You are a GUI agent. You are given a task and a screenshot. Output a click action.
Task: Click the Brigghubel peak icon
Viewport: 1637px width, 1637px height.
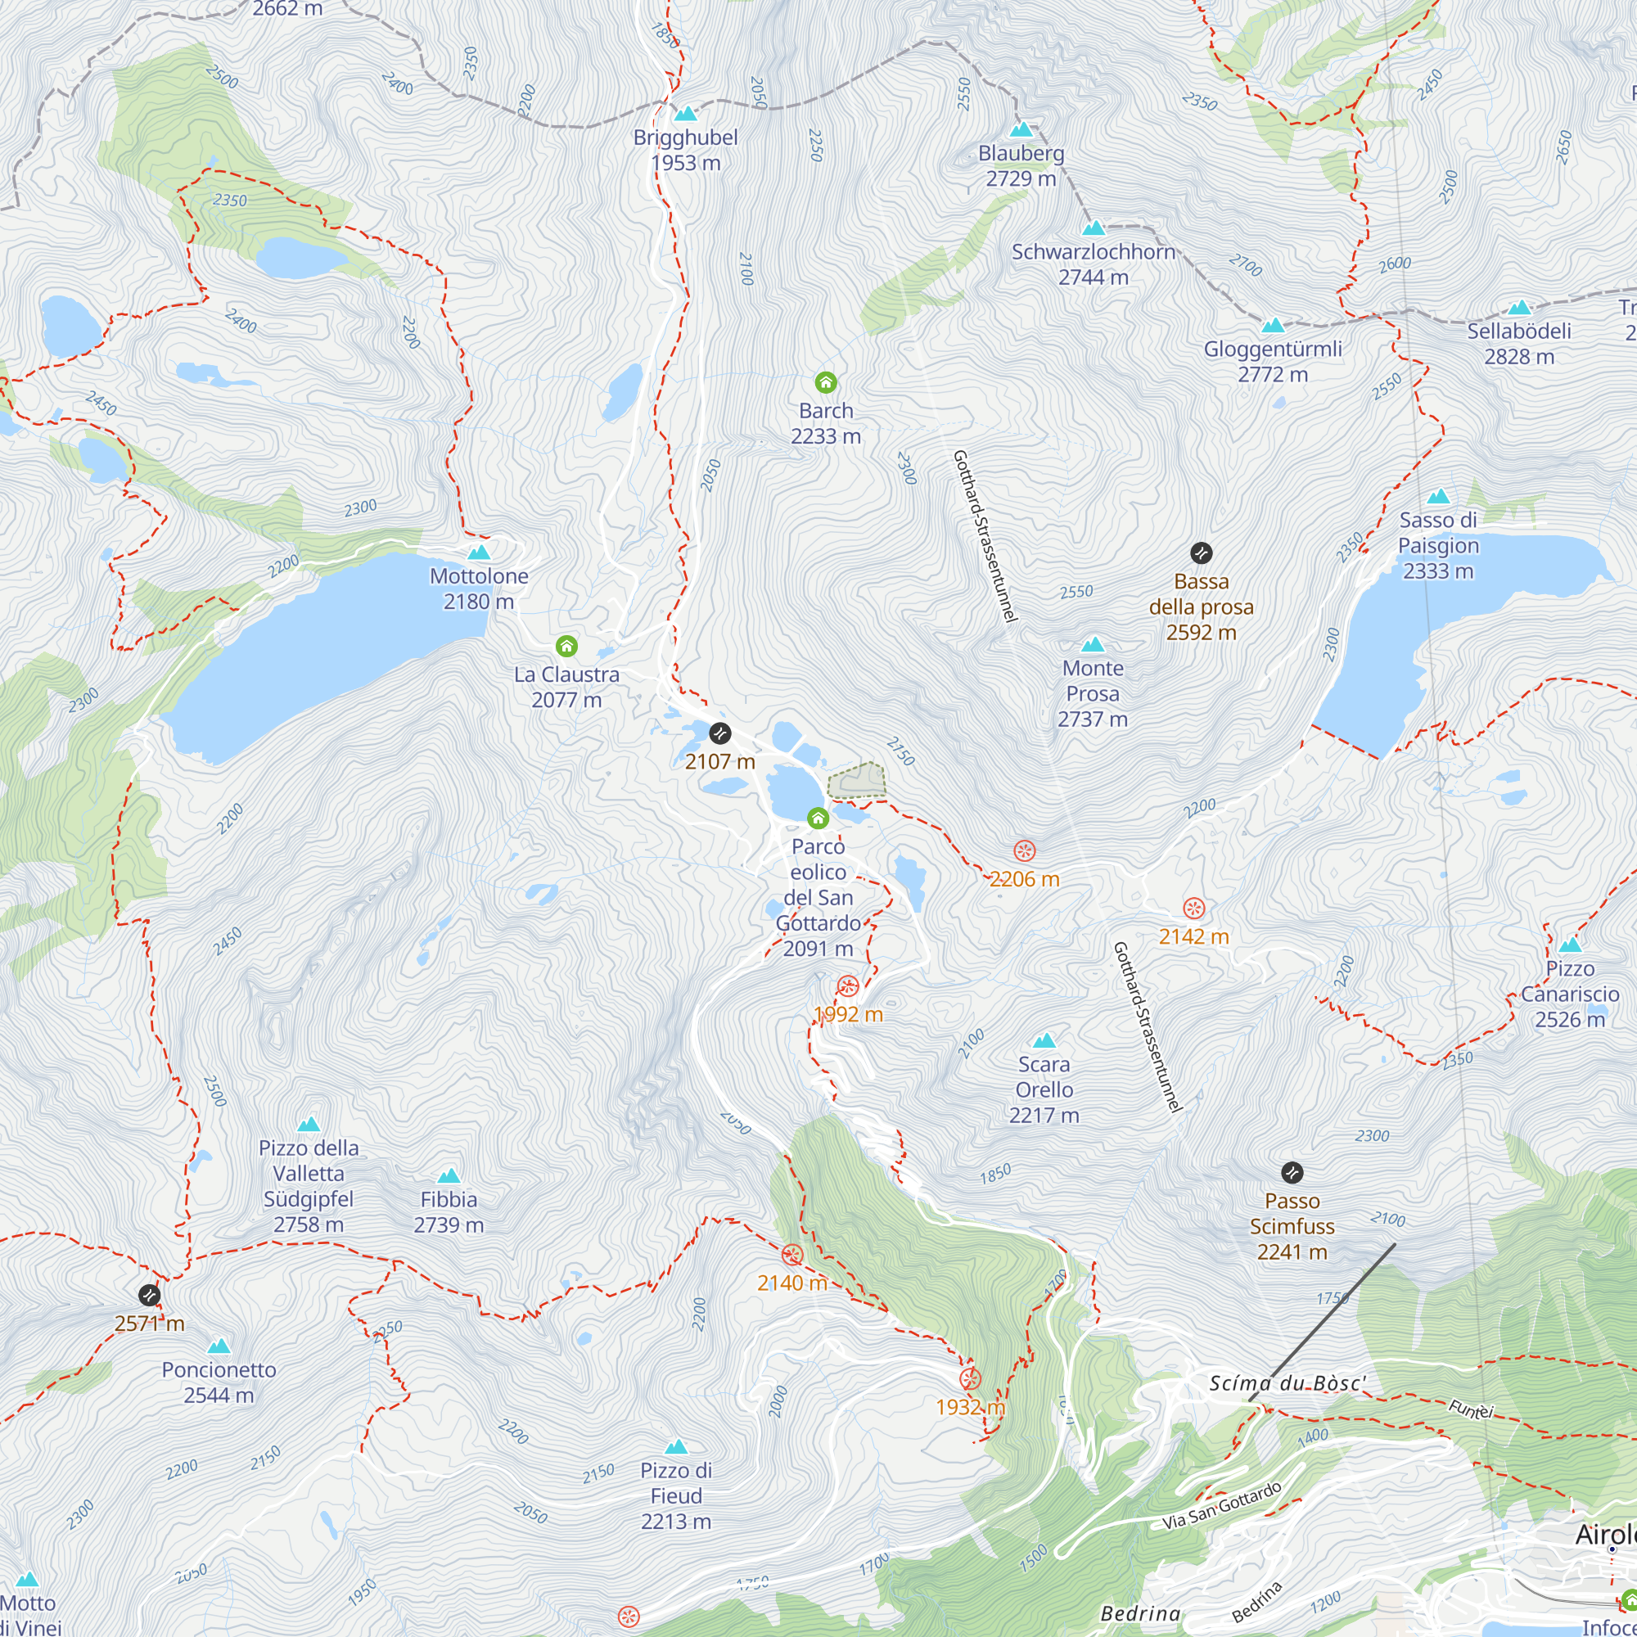685,114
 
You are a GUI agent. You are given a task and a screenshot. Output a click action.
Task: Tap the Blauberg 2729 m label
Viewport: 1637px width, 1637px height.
1021,166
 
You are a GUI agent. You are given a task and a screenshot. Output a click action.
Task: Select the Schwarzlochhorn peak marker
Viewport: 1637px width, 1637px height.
1094,228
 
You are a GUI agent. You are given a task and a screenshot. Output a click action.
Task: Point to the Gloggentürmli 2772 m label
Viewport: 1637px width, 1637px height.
1273,362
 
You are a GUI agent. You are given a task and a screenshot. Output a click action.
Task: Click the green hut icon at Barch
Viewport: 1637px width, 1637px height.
825,383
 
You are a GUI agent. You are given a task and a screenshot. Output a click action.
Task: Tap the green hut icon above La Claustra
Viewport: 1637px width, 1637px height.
567,647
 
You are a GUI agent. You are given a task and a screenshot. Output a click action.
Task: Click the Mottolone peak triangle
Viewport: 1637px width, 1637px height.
479,552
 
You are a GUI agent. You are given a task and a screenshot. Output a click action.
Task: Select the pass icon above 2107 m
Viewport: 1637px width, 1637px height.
719,733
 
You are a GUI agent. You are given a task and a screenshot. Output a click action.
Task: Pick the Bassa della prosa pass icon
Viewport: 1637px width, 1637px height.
1201,553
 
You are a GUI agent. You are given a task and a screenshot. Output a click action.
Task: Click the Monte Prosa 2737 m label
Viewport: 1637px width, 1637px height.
1092,693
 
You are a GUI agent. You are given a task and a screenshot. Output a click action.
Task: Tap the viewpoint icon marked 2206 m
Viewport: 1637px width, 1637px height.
1025,850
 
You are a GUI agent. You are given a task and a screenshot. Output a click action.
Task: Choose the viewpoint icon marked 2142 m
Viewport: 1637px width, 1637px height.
1193,909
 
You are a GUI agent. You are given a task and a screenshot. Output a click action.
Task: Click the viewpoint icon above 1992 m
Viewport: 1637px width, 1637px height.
848,986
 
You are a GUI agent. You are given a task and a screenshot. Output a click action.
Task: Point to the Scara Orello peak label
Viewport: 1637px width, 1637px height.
1044,1089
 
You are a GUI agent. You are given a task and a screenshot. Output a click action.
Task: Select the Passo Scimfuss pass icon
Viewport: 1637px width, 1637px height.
1292,1173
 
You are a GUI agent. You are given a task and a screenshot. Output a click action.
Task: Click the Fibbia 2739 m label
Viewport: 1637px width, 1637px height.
449,1211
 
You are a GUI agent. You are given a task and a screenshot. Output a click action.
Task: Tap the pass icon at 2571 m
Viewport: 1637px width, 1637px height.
149,1295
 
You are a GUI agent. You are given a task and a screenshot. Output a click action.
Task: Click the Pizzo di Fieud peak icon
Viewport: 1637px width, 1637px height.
675,1446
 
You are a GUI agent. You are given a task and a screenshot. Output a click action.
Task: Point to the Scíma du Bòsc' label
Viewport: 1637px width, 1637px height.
1287,1383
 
